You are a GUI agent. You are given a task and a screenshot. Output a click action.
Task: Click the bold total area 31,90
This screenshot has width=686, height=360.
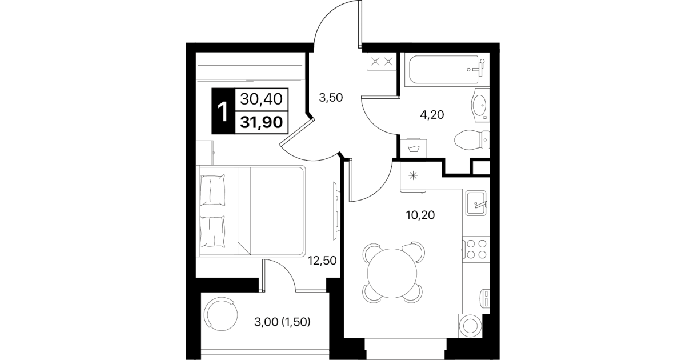click(x=261, y=122)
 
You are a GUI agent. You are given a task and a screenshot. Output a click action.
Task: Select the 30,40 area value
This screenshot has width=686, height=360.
click(x=261, y=99)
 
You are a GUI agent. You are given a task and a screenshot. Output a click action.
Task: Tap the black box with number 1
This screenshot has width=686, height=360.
click(x=223, y=111)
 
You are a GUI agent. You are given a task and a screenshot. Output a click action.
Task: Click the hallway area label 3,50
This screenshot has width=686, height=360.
click(x=331, y=98)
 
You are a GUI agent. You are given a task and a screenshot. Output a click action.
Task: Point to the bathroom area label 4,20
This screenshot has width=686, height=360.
click(x=432, y=115)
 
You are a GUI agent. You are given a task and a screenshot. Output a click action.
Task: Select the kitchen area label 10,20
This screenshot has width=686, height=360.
click(x=420, y=215)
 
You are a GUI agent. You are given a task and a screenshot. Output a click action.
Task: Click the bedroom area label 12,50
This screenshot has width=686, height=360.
click(x=322, y=261)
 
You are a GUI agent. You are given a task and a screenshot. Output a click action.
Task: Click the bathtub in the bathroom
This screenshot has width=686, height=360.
click(x=445, y=70)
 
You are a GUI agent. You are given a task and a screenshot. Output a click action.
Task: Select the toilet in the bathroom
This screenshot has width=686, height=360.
click(x=472, y=140)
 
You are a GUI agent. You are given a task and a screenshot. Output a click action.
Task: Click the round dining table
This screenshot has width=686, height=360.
click(x=392, y=273)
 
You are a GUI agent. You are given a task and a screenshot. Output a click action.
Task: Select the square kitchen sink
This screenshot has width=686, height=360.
click(x=476, y=203)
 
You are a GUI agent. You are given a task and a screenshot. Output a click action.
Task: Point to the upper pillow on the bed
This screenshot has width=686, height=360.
click(x=212, y=190)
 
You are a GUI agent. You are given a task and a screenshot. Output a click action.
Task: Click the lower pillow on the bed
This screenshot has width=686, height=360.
click(x=212, y=231)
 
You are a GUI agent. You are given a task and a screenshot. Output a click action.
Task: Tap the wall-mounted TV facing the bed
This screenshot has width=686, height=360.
click(x=336, y=211)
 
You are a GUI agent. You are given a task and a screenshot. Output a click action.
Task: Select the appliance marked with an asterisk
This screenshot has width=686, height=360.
click(x=413, y=176)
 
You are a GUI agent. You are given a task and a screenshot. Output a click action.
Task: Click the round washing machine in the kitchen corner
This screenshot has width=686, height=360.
click(x=470, y=326)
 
